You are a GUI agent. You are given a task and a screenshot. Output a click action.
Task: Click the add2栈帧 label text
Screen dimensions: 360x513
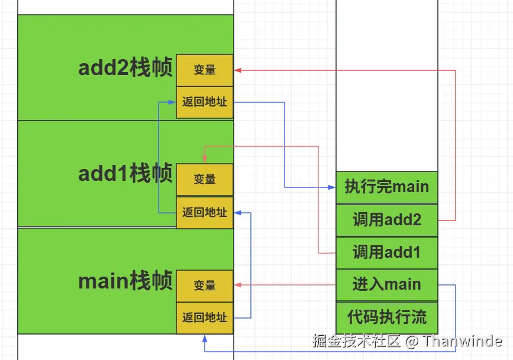point(125,69)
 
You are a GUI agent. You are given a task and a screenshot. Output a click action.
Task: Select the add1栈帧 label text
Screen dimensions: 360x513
point(125,174)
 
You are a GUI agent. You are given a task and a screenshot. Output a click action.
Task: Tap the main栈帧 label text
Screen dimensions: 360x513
point(125,281)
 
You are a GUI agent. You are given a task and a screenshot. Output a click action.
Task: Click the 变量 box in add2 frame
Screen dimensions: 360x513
point(205,70)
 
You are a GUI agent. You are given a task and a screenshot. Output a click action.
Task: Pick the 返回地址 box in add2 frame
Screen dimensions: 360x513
point(205,102)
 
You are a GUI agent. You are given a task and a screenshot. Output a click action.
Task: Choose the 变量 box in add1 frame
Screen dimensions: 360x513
point(205,179)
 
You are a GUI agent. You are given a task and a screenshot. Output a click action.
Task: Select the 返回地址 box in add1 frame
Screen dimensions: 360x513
point(205,212)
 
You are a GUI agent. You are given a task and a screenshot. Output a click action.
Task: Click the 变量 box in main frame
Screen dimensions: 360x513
point(205,286)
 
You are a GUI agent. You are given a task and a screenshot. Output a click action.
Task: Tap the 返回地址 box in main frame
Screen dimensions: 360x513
point(205,317)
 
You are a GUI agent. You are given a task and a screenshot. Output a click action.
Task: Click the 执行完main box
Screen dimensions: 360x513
point(386,187)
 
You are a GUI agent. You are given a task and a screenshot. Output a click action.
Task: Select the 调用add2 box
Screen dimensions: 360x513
point(386,220)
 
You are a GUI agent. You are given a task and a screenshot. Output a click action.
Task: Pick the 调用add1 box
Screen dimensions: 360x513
point(386,252)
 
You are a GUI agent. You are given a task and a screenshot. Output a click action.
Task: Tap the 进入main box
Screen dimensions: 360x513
point(386,284)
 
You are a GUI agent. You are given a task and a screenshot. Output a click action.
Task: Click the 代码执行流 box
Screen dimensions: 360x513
point(386,317)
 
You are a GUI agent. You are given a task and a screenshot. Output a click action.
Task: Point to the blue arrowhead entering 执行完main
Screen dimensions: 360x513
point(332,187)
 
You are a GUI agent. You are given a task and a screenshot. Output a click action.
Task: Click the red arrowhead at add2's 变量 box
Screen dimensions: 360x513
point(237,70)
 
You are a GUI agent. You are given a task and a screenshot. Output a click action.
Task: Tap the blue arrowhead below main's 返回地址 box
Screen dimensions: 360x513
point(204,338)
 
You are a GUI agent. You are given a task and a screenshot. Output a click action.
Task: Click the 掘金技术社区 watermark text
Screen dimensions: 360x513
point(357,341)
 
